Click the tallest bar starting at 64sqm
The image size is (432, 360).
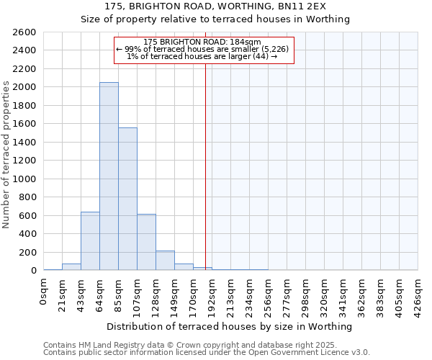(x=109, y=176)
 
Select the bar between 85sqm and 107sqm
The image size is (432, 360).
(x=127, y=199)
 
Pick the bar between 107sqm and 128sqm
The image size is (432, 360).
(x=146, y=242)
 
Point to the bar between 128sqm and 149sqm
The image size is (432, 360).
(x=165, y=261)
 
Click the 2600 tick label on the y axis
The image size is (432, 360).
(x=24, y=32)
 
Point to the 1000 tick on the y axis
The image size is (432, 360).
(x=24, y=179)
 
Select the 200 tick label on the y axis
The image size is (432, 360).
(x=27, y=253)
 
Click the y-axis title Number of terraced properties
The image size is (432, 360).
(x=6, y=155)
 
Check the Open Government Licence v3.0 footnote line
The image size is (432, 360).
(x=206, y=352)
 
